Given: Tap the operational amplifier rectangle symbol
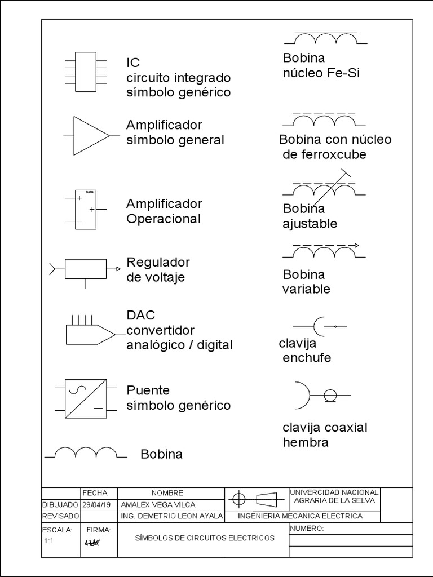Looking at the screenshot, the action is point(86,209).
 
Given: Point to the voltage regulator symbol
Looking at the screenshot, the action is point(86,269).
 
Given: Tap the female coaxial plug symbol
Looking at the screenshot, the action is point(319,395).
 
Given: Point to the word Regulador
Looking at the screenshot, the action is point(158,263).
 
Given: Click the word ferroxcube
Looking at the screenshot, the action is point(324,154).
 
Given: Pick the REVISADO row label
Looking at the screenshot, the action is point(60,516).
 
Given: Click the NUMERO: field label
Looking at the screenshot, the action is point(307,529).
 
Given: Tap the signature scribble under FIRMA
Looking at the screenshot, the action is point(91,543).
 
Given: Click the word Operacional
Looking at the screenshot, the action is point(164,219).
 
